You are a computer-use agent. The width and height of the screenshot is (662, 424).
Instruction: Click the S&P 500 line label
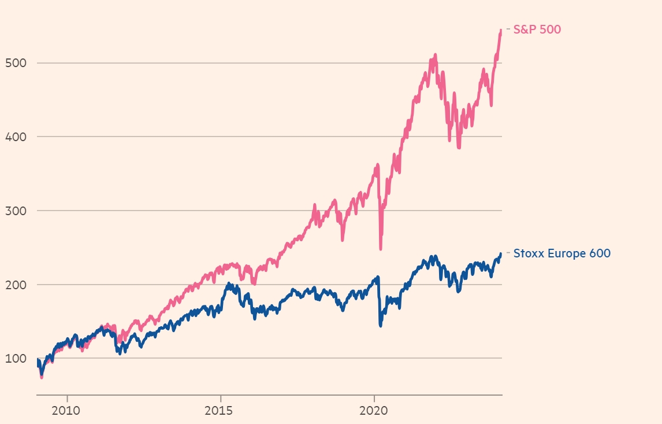click(x=537, y=30)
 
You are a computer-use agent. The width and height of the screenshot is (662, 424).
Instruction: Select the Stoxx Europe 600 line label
click(x=561, y=253)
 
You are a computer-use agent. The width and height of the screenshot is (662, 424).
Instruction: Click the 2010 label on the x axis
click(x=67, y=414)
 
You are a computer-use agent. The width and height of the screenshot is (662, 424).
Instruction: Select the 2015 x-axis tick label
click(x=220, y=414)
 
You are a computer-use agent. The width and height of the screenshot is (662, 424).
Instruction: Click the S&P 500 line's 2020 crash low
click(x=381, y=249)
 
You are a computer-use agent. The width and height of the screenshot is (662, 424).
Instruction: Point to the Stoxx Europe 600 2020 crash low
click(x=380, y=326)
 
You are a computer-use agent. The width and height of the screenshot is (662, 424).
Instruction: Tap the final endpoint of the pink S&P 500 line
click(x=501, y=30)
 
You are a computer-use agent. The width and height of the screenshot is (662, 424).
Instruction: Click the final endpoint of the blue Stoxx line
click(x=500, y=254)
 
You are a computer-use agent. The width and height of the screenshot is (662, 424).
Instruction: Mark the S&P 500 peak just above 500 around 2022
click(x=435, y=55)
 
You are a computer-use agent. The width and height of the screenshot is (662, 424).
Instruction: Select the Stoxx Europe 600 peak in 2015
click(x=229, y=284)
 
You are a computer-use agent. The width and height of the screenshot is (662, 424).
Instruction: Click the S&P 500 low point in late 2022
click(x=459, y=148)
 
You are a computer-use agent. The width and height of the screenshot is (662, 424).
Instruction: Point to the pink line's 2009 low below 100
click(x=42, y=377)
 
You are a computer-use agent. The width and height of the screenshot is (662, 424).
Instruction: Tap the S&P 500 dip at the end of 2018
click(x=343, y=239)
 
